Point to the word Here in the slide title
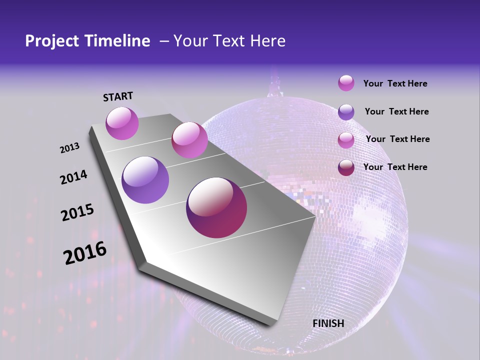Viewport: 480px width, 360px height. [x=267, y=41]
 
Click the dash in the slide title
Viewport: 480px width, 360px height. [x=163, y=41]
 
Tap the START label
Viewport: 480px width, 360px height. [x=118, y=96]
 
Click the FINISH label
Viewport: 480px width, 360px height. [x=328, y=323]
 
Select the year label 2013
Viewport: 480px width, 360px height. [x=70, y=148]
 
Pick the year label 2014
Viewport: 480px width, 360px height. [x=74, y=177]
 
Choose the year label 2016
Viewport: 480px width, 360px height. [x=85, y=253]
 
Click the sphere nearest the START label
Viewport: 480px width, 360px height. [x=122, y=123]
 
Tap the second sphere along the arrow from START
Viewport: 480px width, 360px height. [x=189, y=139]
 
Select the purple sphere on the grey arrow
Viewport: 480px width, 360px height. [x=145, y=180]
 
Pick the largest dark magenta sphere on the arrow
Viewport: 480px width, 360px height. [x=216, y=207]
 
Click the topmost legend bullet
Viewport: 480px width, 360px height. [x=346, y=83]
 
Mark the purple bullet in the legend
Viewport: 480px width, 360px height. [x=346, y=112]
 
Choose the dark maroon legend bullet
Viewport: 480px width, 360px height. [x=346, y=167]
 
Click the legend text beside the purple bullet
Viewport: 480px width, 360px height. [x=396, y=111]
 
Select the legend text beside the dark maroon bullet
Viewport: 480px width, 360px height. [x=395, y=167]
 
